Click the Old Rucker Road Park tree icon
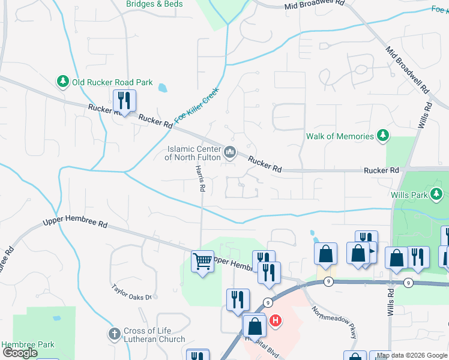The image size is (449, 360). [62, 82]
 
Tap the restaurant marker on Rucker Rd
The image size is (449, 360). [124, 100]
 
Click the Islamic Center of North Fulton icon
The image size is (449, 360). [229, 154]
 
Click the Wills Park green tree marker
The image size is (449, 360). [437, 194]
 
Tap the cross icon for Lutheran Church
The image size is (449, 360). [114, 334]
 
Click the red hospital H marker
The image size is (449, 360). [276, 320]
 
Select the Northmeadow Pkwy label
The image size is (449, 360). [334, 323]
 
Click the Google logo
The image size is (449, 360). [20, 353]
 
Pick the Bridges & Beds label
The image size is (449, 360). [155, 4]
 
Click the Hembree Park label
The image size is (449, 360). [28, 344]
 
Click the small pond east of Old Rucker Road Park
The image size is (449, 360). [163, 88]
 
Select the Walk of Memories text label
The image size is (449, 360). [340, 136]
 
